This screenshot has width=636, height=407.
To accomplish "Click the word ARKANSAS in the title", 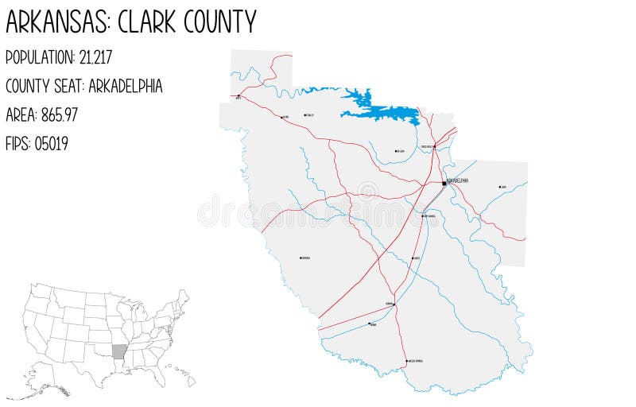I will coord(57,21).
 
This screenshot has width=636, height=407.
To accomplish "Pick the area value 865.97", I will coord(60,115).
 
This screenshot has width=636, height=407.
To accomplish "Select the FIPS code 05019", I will coord(51,144).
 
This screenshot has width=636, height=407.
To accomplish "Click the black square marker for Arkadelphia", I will coord(444,184).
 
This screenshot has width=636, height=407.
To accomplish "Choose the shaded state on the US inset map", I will coord(119,351).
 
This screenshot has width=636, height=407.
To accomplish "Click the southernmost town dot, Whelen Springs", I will coord(407,362).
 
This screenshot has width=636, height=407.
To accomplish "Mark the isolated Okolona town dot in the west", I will coord(300,258).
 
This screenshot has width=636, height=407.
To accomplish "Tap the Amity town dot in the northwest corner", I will coord(238,96).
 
